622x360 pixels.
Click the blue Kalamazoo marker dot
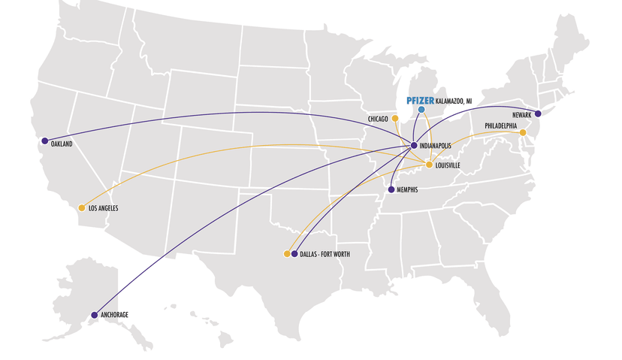click(x=421, y=110)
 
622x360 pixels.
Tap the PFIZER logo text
click(x=421, y=100)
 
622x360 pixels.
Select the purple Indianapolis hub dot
click(x=414, y=145)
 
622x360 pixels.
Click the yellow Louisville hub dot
click(x=429, y=165)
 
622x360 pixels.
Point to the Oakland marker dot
click(x=45, y=141)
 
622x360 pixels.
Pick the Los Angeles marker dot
click(x=82, y=207)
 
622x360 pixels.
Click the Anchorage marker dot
click(x=95, y=315)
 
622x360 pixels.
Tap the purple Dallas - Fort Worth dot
click(x=294, y=254)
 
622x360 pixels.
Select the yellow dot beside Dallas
click(x=286, y=254)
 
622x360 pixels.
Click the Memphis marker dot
click(x=391, y=189)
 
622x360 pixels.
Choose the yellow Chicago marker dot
click(x=395, y=118)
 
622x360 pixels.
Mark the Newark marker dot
click(x=538, y=113)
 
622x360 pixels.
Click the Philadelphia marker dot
click(x=523, y=133)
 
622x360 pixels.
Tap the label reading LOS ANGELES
click(x=104, y=208)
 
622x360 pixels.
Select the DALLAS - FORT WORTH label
click(x=325, y=255)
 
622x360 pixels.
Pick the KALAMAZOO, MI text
click(x=454, y=101)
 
